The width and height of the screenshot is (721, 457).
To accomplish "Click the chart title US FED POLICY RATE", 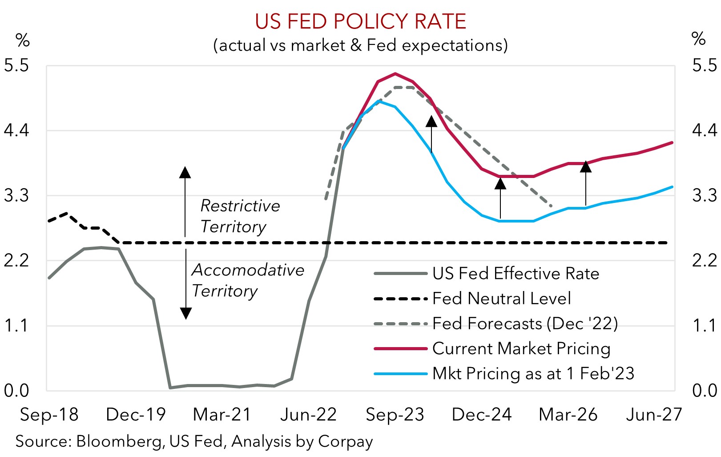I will click(360, 21).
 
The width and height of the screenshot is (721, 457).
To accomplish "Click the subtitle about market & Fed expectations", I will click(360, 45).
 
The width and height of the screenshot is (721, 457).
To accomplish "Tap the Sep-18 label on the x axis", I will click(49, 415).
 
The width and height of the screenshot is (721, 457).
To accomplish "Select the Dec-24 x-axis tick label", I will click(482, 415).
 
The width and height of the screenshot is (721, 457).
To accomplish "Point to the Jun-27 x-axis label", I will click(654, 415).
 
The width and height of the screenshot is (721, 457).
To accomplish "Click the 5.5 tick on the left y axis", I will click(16, 65).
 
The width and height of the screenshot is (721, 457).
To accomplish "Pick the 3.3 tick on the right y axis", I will click(705, 195).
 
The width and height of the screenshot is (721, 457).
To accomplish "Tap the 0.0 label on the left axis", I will click(16, 391).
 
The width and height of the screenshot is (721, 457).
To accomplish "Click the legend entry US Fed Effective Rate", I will click(516, 274).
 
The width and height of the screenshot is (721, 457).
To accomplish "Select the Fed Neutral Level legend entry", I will click(501, 299).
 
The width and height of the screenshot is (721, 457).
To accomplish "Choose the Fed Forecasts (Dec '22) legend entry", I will click(525, 324).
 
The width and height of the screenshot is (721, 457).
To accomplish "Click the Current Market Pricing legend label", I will click(521, 348).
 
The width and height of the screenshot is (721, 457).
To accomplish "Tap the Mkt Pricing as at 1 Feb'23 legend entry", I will click(533, 373).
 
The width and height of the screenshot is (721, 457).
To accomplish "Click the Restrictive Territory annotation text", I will click(240, 216).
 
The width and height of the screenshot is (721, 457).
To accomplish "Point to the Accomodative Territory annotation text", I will click(248, 280).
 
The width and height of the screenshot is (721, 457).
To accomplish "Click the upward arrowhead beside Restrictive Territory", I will click(185, 173).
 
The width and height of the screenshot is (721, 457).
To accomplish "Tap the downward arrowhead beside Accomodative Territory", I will click(186, 313).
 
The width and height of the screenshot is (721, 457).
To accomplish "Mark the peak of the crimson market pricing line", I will click(395, 73).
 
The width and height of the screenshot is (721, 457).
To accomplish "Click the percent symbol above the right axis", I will click(699, 39).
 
